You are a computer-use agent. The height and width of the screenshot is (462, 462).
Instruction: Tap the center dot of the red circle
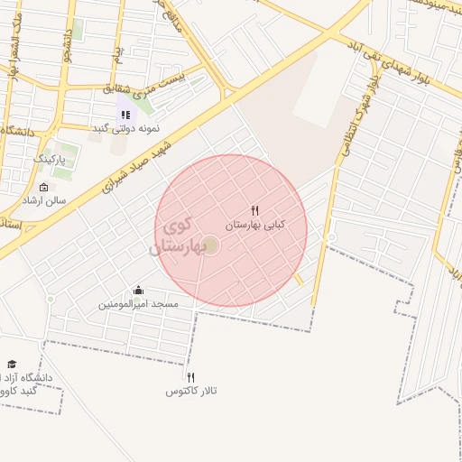[210, 245]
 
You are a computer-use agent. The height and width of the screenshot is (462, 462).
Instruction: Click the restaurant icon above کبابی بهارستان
[254, 210]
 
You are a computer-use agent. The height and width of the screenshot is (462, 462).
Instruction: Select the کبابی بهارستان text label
[253, 223]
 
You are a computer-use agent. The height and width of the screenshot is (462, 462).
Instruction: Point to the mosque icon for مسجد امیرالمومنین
[138, 290]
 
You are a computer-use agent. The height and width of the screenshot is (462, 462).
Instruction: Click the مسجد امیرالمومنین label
[139, 304]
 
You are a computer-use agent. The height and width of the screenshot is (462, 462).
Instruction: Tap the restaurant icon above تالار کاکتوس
[190, 377]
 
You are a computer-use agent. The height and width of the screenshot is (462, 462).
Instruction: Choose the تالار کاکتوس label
[191, 391]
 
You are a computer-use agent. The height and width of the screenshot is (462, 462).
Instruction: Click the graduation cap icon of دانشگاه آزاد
[13, 363]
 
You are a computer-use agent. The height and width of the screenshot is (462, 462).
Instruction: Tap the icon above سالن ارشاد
[44, 187]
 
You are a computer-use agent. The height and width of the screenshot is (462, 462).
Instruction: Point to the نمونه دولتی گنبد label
[126, 129]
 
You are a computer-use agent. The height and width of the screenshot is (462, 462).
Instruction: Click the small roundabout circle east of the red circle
[331, 237]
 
